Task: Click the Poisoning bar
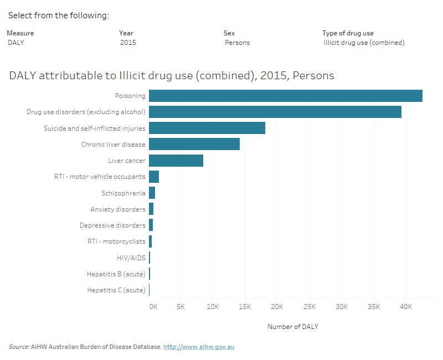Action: pos(285,96)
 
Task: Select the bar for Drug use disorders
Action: pos(275,112)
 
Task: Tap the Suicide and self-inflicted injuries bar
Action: pos(207,128)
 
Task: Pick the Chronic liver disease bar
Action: pos(194,145)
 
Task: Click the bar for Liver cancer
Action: pos(176,161)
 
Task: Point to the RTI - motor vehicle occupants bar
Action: pos(154,177)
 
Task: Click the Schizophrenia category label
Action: pos(123,193)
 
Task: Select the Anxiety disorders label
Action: pos(118,209)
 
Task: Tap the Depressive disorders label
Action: pos(112,225)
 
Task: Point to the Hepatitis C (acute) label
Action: pos(116,290)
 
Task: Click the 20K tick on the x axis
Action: pos(277,307)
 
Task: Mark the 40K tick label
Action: pos(406,307)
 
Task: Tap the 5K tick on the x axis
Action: pos(181,307)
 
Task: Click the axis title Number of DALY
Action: pos(292,327)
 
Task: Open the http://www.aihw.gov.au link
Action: pos(199,347)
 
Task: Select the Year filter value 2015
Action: pos(128,43)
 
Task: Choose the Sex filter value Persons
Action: pos(237,43)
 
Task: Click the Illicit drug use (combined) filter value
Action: pos(364,43)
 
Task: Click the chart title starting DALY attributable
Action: pos(172,76)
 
